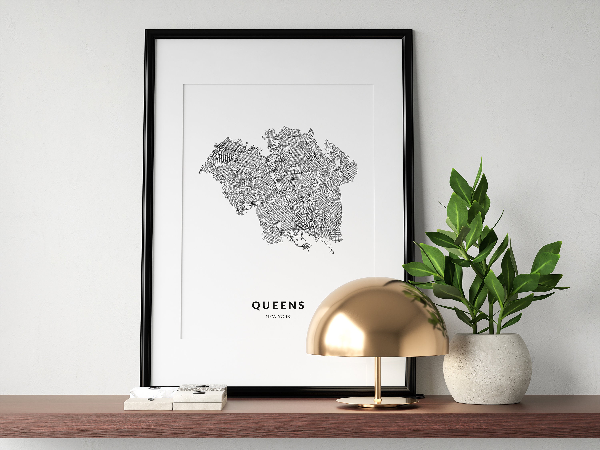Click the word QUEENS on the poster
[278, 305]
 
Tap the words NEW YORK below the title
[278, 317]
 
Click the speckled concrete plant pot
[487, 369]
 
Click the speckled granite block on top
[203, 388]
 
